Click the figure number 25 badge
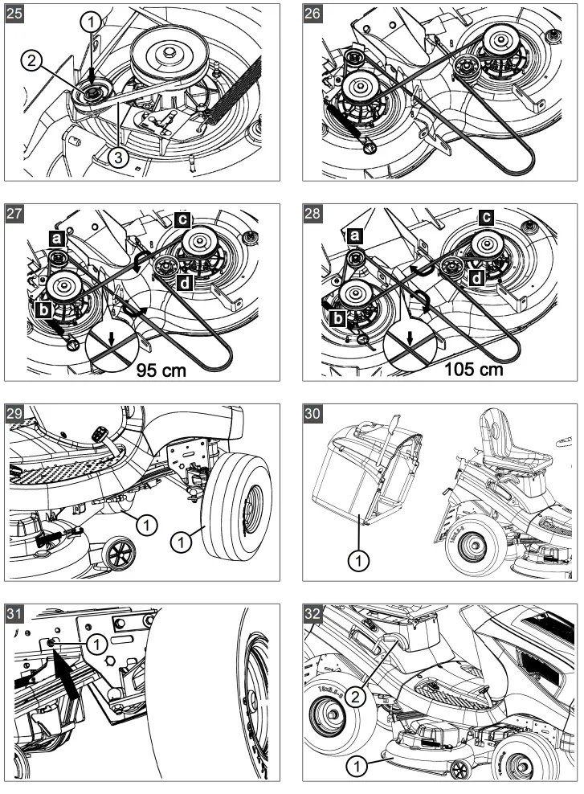tap(16, 14)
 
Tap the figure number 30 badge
tap(314, 415)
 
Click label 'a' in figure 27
tap(56, 239)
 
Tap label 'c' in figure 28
tap(486, 217)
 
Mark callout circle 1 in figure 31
tap(96, 643)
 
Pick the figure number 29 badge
tap(16, 415)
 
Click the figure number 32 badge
tap(314, 615)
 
